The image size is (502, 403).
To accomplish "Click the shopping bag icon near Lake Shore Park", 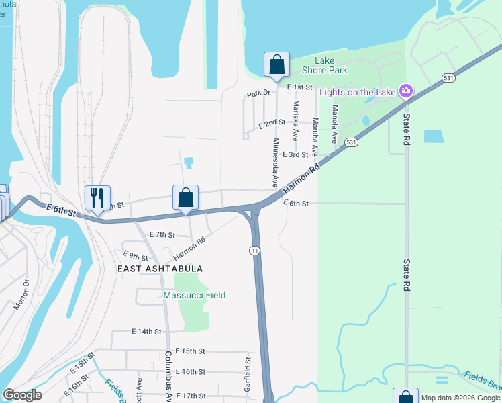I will click(x=277, y=64).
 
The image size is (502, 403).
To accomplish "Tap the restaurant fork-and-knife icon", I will click(x=97, y=197).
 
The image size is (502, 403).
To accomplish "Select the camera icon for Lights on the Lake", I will click(x=405, y=91).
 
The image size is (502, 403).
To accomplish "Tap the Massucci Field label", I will click(x=195, y=295).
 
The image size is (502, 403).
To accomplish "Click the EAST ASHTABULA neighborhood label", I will click(x=160, y=268).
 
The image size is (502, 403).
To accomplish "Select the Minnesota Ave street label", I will click(x=274, y=163).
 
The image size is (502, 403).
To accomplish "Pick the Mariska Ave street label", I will click(x=295, y=120).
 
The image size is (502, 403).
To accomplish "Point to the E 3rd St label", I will click(x=295, y=154).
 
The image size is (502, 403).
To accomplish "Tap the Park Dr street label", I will click(x=258, y=93).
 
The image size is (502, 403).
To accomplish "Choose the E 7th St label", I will click(x=162, y=235).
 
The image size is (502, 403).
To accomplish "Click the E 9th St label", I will click(x=136, y=256).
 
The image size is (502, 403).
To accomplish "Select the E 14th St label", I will click(x=147, y=332).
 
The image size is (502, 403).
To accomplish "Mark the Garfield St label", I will click(x=248, y=374).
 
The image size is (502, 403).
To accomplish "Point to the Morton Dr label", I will click(x=23, y=294).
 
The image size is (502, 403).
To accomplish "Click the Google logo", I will click(x=22, y=395).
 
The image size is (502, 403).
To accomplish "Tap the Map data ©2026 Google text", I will click(x=460, y=398).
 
